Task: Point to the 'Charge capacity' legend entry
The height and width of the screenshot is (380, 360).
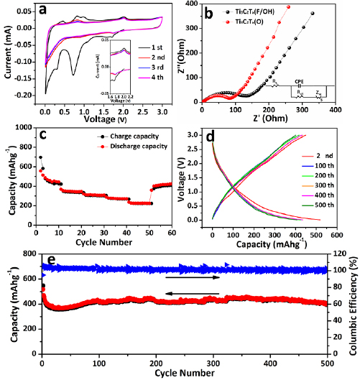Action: click(124, 135)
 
